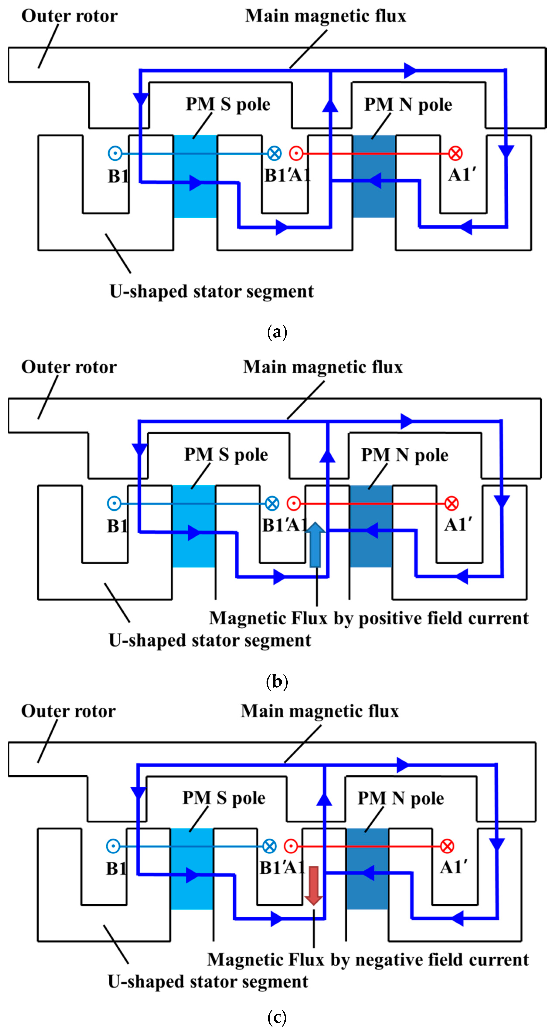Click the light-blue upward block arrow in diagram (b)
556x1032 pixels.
click(x=315, y=545)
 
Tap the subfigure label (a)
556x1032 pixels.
click(x=277, y=332)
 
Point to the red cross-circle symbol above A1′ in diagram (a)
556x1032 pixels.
click(x=455, y=153)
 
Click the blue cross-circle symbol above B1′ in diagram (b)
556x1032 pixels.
click(x=272, y=503)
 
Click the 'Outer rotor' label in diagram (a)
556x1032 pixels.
click(x=69, y=16)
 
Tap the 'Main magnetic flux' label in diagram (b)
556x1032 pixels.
click(x=323, y=367)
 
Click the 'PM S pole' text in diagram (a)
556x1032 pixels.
click(x=228, y=104)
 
